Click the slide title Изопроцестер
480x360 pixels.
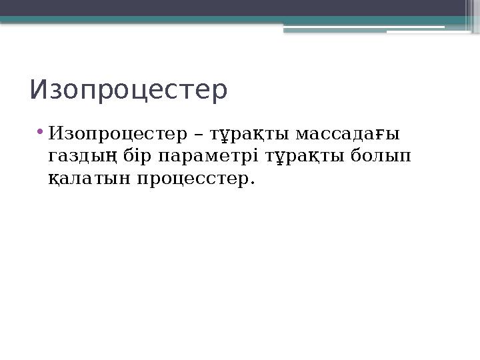point(129,91)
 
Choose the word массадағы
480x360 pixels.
point(347,134)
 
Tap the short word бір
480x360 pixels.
point(139,156)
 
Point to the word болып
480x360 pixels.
point(380,157)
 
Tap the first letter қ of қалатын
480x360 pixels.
point(53,180)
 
